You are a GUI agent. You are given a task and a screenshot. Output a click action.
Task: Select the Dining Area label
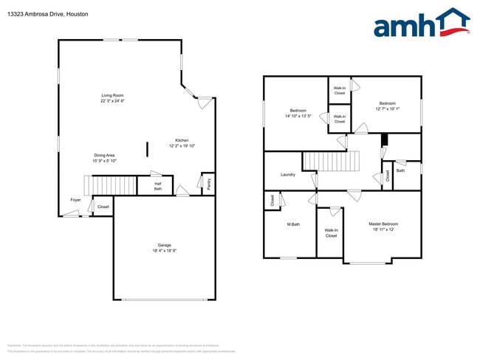coord(103,155)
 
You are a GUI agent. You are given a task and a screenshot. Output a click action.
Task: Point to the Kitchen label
coord(182,140)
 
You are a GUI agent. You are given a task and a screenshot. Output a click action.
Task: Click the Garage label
coord(164,246)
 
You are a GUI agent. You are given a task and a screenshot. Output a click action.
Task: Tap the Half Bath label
coord(157,187)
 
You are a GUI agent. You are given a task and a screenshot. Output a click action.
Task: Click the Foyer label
coord(75,200)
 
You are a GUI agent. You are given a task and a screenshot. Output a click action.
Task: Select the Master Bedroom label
coord(383,224)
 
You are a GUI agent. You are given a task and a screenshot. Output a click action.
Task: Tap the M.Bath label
coord(293,224)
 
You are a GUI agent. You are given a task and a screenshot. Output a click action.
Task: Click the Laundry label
coord(288,175)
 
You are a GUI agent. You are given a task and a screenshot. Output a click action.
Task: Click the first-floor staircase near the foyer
coord(111,185)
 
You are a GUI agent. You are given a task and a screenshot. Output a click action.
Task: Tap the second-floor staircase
coord(331,161)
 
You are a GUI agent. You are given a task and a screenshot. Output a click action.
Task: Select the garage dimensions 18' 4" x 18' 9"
coord(164,251)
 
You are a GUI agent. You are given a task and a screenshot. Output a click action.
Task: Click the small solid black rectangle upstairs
coord(383,140)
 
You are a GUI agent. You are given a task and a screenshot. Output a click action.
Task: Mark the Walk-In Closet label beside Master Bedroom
coord(331,233)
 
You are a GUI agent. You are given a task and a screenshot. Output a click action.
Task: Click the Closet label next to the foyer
coord(103,207)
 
